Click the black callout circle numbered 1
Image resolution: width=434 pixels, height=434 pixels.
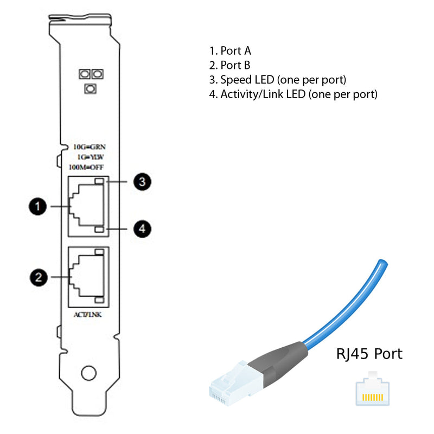[x=37, y=206]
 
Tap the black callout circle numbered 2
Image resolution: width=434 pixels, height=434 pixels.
[x=37, y=277]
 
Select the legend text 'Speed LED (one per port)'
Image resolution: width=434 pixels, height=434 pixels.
[x=283, y=80]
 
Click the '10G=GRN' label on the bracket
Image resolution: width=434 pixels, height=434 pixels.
[x=89, y=146]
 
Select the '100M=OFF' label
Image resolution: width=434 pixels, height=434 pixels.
[x=88, y=167]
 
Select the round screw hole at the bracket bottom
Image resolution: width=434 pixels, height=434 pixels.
[x=87, y=373]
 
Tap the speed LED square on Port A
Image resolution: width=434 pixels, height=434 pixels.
[x=99, y=182]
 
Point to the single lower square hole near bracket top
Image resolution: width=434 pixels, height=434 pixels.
[x=91, y=88]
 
